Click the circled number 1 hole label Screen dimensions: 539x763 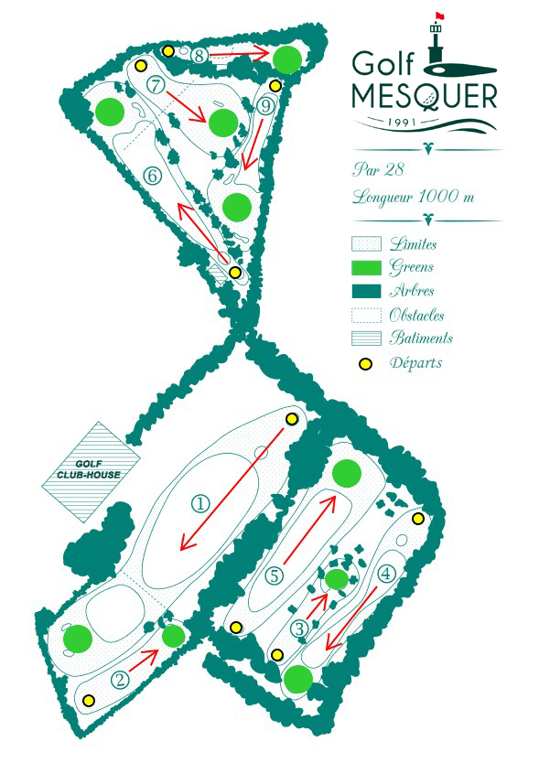200,504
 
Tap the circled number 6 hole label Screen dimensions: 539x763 153,175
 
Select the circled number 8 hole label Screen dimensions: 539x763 199,56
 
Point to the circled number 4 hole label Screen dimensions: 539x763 386,574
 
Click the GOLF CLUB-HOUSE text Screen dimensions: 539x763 89,469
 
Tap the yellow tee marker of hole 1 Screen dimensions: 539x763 291,419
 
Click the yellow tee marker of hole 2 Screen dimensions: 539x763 88,700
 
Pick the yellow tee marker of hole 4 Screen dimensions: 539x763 418,519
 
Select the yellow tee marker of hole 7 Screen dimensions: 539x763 140,65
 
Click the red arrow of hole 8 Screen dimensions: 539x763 240,53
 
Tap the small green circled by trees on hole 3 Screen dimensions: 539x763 337,579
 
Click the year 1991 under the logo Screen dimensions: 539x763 402,121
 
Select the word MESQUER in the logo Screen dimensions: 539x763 425,96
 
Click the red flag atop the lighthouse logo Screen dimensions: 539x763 439,16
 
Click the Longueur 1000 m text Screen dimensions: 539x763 413,197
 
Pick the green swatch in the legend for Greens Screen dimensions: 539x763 366,268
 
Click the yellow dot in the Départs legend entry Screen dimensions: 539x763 365,363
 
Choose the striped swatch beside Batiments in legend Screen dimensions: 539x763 366,339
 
